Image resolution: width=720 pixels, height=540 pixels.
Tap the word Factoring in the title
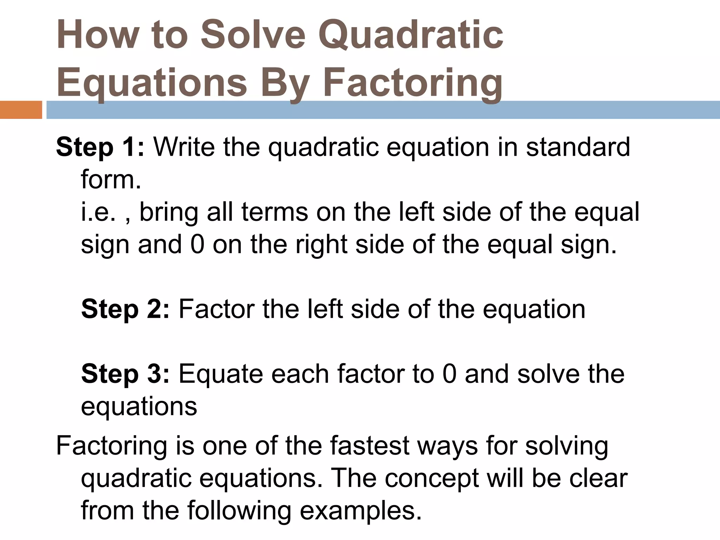(x=413, y=84)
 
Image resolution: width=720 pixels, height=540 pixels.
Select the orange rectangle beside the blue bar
(x=21, y=110)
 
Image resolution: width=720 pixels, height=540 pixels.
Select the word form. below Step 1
(x=111, y=180)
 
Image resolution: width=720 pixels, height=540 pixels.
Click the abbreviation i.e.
(x=98, y=212)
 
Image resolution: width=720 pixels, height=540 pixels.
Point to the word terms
(x=275, y=212)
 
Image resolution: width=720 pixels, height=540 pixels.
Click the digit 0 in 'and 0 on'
(x=197, y=245)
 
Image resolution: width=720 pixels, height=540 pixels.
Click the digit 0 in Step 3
(x=449, y=374)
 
